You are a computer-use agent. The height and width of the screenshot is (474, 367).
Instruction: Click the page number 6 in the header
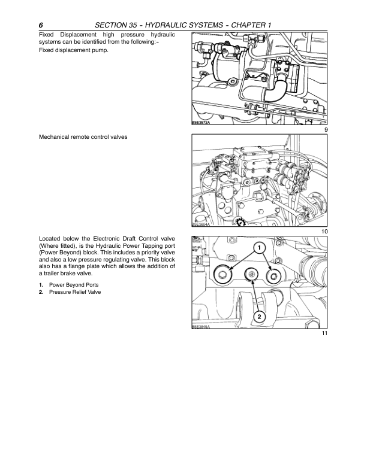(x=40, y=25)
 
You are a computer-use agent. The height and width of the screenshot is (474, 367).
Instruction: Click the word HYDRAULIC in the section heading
(x=186, y=25)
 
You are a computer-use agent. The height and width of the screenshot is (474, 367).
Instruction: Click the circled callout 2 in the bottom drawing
(x=258, y=315)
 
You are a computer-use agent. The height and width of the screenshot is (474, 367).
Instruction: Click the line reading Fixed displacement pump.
(x=74, y=50)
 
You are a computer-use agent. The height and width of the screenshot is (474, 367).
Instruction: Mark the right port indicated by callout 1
(x=275, y=275)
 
